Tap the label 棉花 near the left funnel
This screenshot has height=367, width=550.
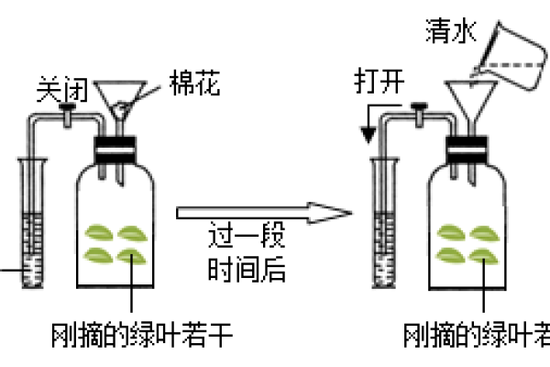click(195, 84)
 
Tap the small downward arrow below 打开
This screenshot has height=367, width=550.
click(368, 136)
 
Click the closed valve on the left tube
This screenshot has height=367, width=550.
click(68, 112)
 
